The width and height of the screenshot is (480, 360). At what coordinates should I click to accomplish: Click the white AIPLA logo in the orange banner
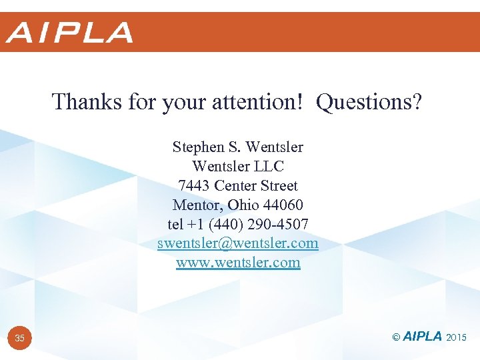coord(69,32)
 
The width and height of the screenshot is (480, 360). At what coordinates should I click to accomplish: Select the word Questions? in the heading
coord(369,102)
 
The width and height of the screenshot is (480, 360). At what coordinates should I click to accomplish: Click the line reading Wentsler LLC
coord(238,166)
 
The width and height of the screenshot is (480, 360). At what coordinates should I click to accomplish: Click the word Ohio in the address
coord(241,205)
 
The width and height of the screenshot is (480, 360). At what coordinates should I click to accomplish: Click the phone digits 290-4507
coord(280,224)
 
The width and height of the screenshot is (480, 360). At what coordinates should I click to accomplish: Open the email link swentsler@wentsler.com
coord(238,243)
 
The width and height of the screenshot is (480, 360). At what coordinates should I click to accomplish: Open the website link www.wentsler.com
coord(238,263)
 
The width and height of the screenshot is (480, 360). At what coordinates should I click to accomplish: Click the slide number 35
coord(20,339)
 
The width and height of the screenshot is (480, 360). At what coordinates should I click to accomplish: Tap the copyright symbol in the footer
coord(396,338)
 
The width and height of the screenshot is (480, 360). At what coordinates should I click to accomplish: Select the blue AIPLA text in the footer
coord(422,337)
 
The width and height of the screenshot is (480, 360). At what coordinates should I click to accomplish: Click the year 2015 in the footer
coord(457,338)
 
